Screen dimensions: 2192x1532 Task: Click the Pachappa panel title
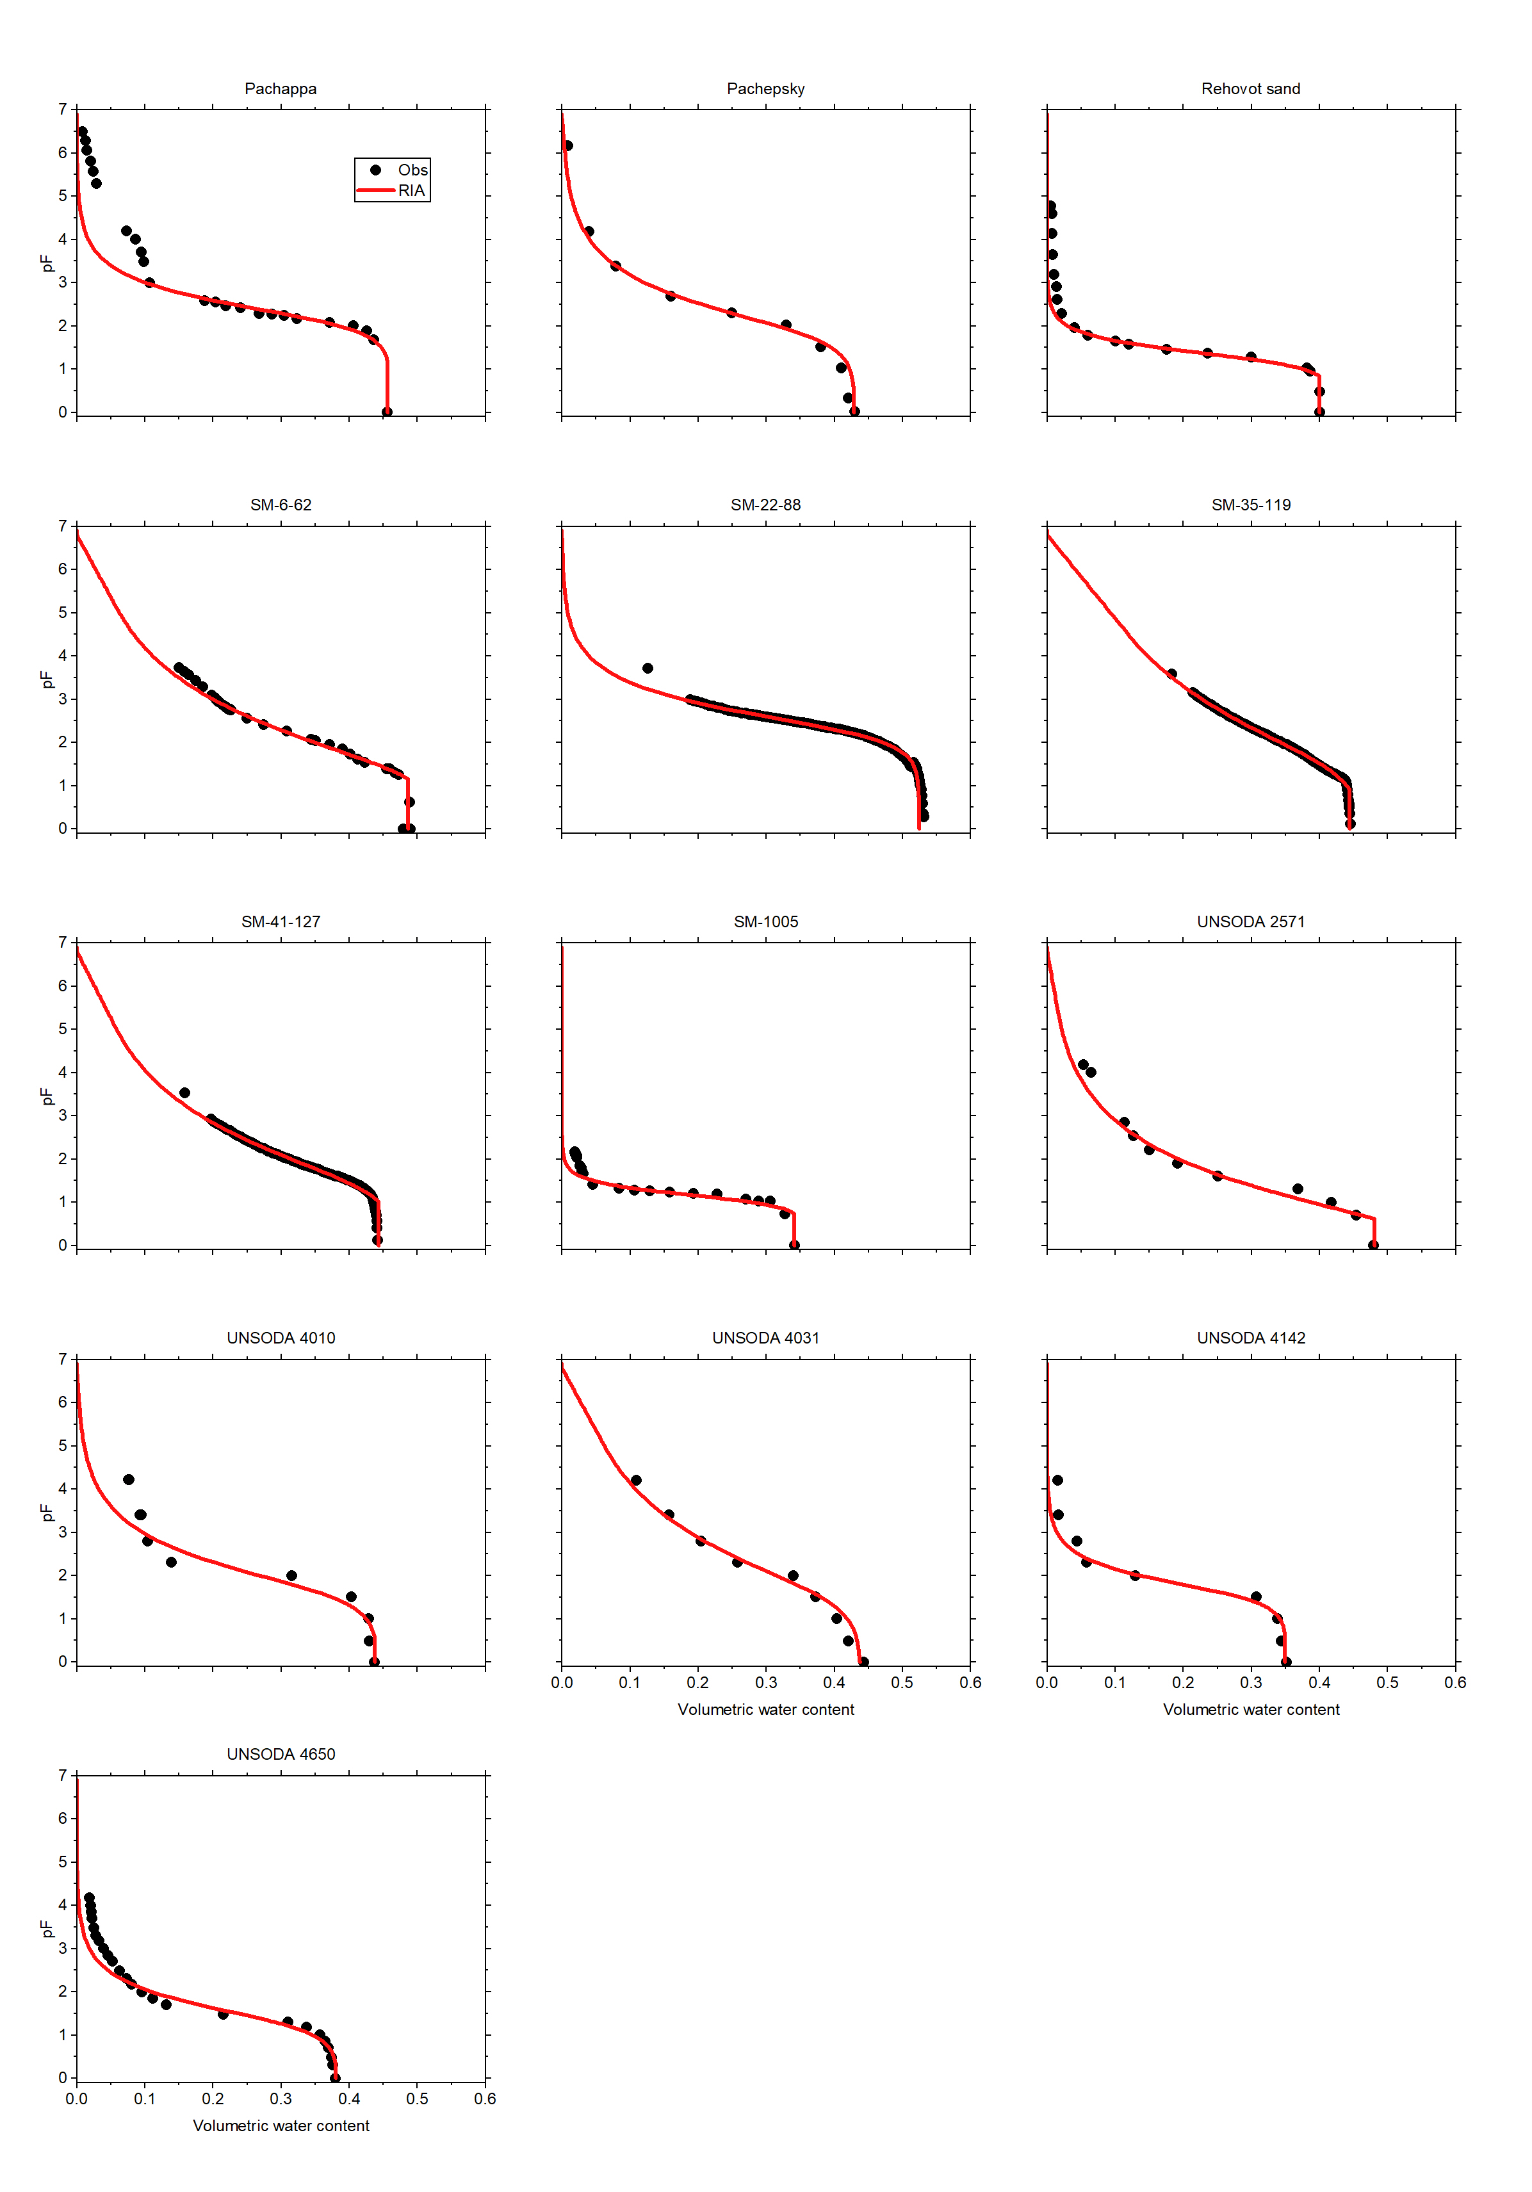coord(280,89)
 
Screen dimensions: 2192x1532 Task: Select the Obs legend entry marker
coord(375,170)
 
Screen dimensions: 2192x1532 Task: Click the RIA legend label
coord(412,191)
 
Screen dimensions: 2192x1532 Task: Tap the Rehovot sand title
coord(1250,89)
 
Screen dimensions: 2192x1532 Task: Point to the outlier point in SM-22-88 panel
coord(648,669)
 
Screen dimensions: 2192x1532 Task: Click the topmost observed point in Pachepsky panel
coord(568,146)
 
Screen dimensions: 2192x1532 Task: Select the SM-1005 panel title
coord(765,921)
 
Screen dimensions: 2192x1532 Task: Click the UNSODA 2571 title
coord(1250,921)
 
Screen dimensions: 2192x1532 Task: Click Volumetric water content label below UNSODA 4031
coord(765,1709)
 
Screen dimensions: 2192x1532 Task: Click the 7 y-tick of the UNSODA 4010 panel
coord(63,1358)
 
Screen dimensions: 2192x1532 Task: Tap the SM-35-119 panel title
coord(1250,505)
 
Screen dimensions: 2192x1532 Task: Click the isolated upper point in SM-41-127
coord(184,1093)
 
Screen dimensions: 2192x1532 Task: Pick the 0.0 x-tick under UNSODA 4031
coord(562,1682)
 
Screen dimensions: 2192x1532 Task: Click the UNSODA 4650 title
coord(280,1754)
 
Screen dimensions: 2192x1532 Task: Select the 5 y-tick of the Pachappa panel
coord(63,196)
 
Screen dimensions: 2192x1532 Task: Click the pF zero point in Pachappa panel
coord(387,412)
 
